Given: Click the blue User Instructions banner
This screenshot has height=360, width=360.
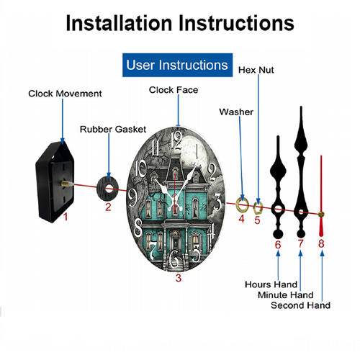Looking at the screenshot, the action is pos(177,65).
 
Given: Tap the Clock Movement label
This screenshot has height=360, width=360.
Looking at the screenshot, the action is pos(65,94).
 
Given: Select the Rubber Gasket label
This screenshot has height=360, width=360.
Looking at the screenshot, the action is pos(113,130).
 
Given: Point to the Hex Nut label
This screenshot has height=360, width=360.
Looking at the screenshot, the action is pos(256,70).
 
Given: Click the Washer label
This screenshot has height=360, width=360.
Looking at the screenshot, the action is pos(236,112).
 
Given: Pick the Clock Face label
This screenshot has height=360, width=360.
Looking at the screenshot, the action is pos(174,90).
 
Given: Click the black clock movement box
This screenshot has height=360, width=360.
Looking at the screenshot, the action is pos(55,182).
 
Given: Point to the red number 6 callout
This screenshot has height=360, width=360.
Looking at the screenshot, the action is pos(278,245).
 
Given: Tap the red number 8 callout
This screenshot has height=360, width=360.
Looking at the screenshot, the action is pos(321,243).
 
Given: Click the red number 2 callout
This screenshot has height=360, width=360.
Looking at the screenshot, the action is pos(108,207).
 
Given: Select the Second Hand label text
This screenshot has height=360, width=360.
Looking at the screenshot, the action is pos(300,305).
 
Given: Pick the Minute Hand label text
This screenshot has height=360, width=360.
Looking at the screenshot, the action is pos(286,295).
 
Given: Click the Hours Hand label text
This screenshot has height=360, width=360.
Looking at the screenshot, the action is pos(271,284).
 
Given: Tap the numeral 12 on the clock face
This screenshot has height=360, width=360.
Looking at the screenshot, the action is pos(177,140).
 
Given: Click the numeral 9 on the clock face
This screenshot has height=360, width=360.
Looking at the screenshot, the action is pos(132,197).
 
